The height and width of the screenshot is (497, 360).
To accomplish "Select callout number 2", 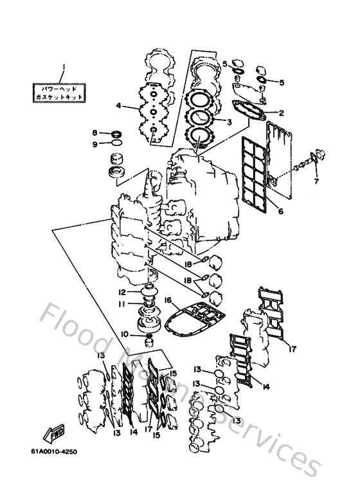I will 280,113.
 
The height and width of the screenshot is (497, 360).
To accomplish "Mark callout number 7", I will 316,181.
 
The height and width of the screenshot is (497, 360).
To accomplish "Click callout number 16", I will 167,300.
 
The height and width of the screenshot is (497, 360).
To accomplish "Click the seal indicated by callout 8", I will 117,134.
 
